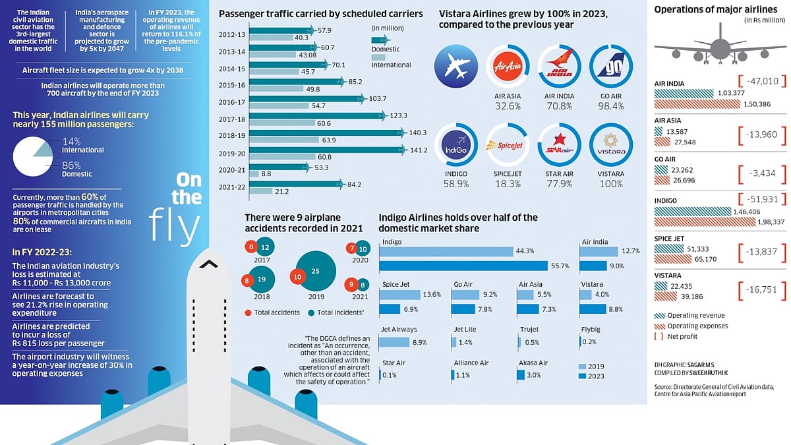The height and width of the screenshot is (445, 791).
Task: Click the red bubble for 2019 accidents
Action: (297, 278)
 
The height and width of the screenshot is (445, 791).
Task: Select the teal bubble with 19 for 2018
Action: (262, 279)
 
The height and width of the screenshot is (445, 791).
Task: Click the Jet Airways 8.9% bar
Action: (394, 341)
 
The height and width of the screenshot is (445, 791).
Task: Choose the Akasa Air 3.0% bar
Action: (521, 374)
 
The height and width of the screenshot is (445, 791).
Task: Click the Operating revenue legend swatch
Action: (659, 315)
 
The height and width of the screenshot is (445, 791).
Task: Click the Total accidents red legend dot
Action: (248, 312)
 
